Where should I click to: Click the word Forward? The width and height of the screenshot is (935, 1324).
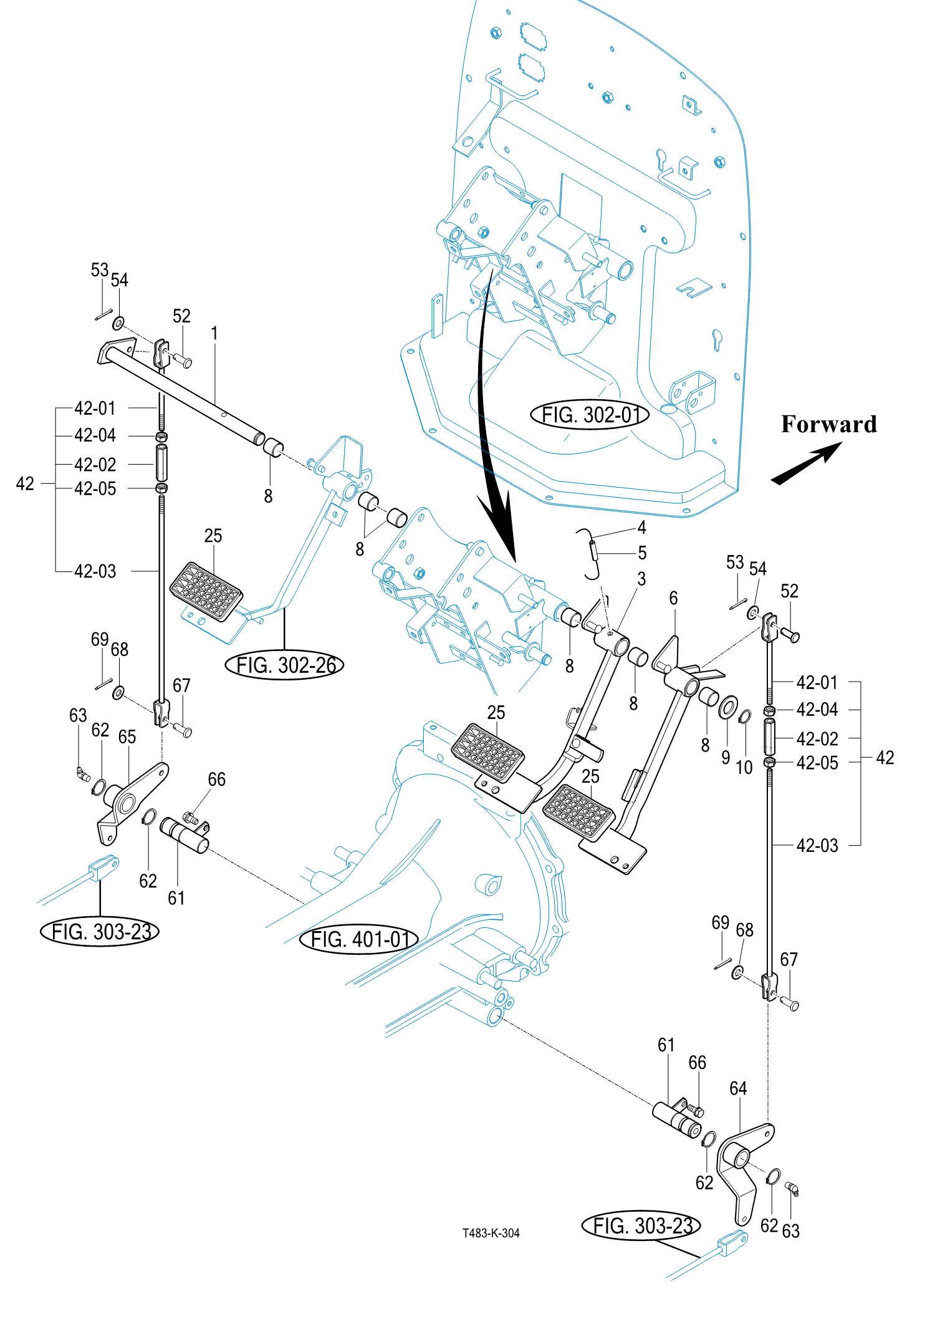[x=828, y=424]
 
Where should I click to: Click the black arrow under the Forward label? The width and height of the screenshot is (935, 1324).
[x=807, y=463]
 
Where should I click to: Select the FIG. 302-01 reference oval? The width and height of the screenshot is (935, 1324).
[x=590, y=415]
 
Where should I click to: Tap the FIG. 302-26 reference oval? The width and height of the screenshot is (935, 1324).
[x=284, y=665]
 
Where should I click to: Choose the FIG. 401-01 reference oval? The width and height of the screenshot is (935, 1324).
[x=358, y=939]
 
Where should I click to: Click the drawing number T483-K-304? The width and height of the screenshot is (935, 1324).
[x=491, y=1233]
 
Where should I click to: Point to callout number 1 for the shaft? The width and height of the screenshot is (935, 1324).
[x=214, y=333]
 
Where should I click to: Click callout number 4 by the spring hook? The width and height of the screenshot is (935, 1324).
[x=641, y=528]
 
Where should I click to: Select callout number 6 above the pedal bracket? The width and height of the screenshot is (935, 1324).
[x=673, y=598]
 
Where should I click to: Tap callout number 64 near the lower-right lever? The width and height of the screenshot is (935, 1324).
[x=738, y=1088]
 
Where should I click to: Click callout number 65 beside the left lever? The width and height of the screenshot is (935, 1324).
[x=127, y=737]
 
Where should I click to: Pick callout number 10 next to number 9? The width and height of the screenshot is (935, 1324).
[x=744, y=768]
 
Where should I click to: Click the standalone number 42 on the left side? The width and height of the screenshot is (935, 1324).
[x=25, y=483]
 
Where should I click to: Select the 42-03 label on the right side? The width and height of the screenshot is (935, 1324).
[x=817, y=846]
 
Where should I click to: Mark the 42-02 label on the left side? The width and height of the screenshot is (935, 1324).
[x=95, y=465]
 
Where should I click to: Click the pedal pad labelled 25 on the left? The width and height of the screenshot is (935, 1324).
[x=206, y=592]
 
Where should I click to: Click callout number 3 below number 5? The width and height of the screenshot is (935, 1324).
[x=641, y=579]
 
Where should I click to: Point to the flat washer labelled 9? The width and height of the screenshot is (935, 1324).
[x=727, y=708]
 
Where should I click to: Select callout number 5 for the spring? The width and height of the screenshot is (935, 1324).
[x=642, y=553]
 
